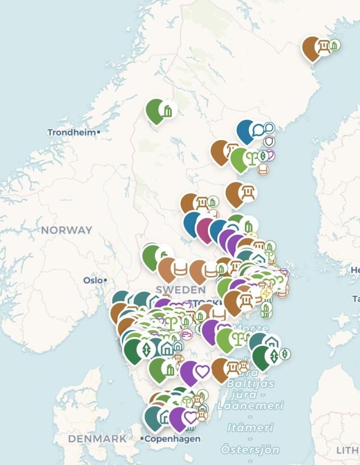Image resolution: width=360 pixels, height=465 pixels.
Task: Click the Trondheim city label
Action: (71, 133)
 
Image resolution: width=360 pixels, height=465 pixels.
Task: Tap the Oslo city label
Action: (92, 280)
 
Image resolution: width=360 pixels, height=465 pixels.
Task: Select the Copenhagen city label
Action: (173, 439)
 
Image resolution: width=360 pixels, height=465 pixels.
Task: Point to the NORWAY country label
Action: (66, 230)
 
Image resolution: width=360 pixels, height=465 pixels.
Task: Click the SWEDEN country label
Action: (181, 289)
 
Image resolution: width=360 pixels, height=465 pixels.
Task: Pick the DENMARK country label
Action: (97, 439)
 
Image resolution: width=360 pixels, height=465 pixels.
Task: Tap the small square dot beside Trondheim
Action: (99, 133)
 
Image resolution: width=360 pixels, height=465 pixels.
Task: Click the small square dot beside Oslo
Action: (105, 280)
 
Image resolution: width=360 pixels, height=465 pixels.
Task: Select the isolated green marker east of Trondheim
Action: (156, 110)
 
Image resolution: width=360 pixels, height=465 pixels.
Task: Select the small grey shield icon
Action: (269, 141)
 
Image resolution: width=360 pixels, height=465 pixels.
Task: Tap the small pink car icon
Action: (187, 334)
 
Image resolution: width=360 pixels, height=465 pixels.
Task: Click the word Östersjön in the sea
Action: (250, 449)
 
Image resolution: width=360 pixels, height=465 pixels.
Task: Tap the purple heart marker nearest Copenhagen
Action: (181, 417)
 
